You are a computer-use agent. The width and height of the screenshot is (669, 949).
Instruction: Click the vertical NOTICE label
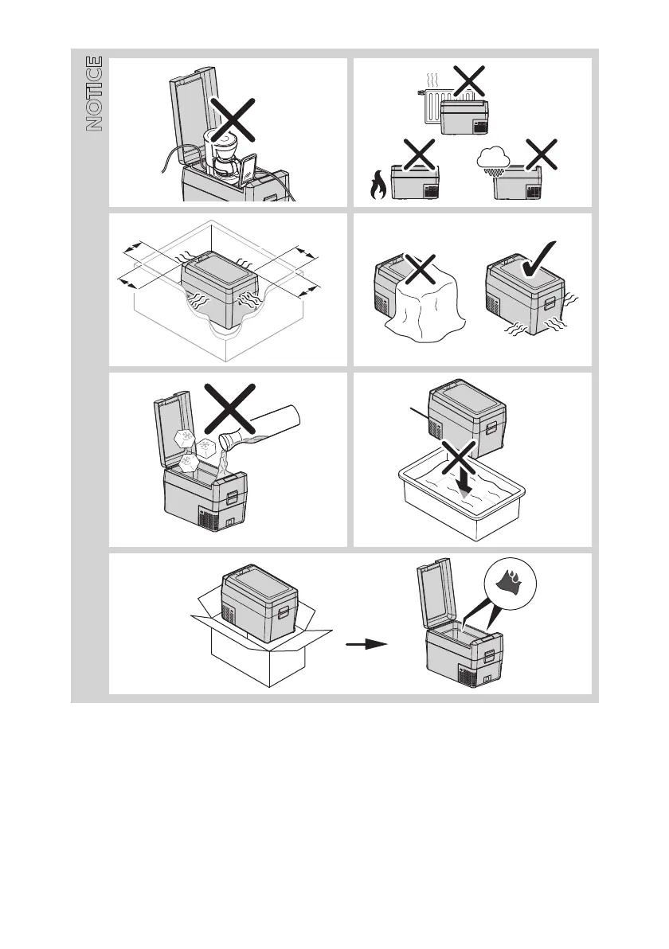(94, 93)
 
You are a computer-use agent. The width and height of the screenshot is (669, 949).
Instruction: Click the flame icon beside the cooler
(377, 186)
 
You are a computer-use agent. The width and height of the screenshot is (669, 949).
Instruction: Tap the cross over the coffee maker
(232, 121)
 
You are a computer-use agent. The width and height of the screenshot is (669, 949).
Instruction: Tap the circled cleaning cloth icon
(508, 583)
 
